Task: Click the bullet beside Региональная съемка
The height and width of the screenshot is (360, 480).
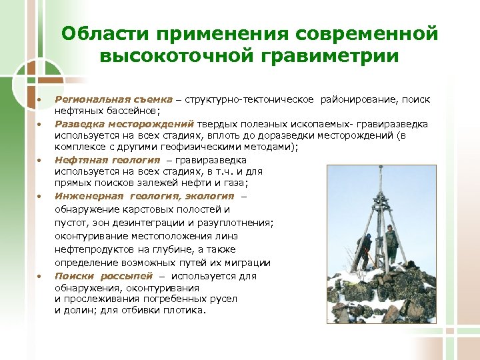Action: tap(38, 100)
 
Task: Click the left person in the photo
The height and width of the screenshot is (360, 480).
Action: tap(364, 249)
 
